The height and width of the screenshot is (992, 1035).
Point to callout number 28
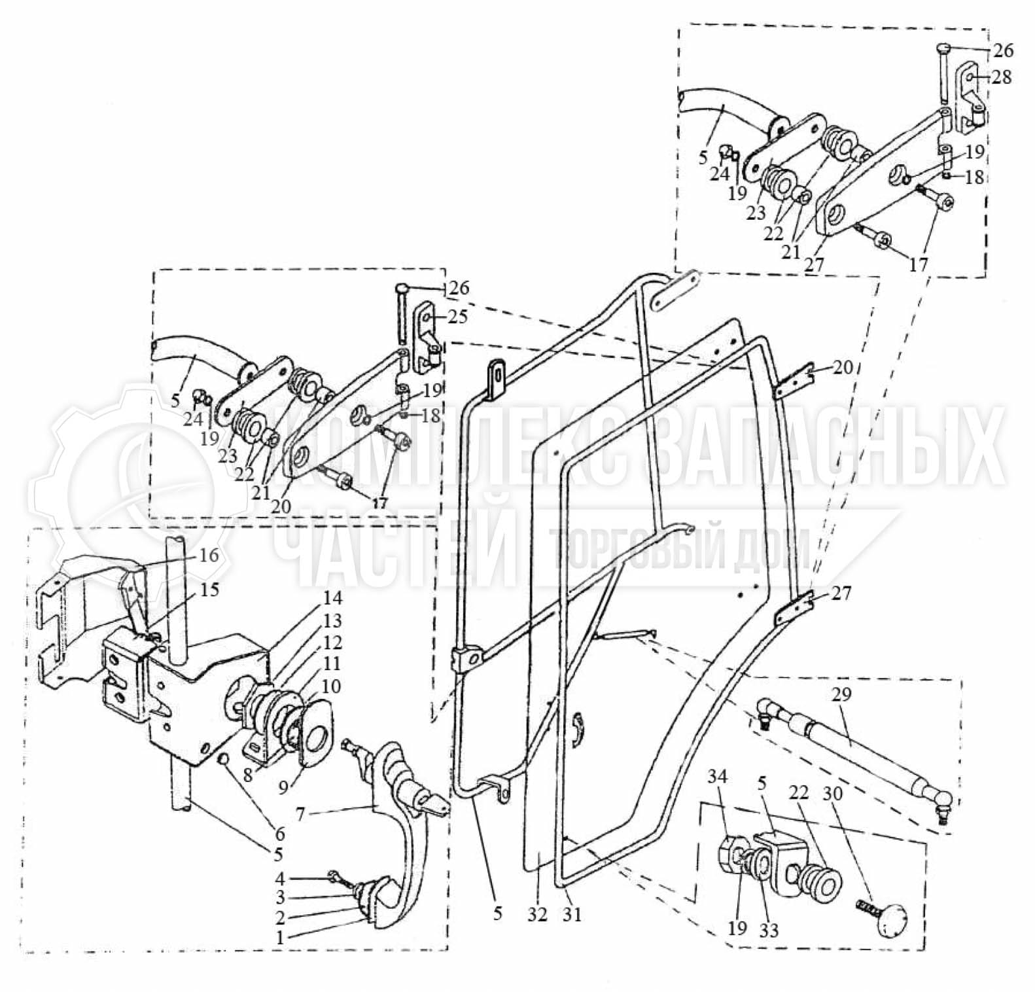click(1001, 77)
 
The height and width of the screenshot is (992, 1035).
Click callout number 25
click(458, 317)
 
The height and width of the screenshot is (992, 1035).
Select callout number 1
click(279, 938)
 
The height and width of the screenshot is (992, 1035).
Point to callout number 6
click(280, 834)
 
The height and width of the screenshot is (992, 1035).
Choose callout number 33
click(769, 930)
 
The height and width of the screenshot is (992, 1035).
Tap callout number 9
click(283, 787)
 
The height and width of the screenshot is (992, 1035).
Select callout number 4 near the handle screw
click(279, 878)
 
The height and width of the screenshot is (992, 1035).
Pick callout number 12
click(332, 642)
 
